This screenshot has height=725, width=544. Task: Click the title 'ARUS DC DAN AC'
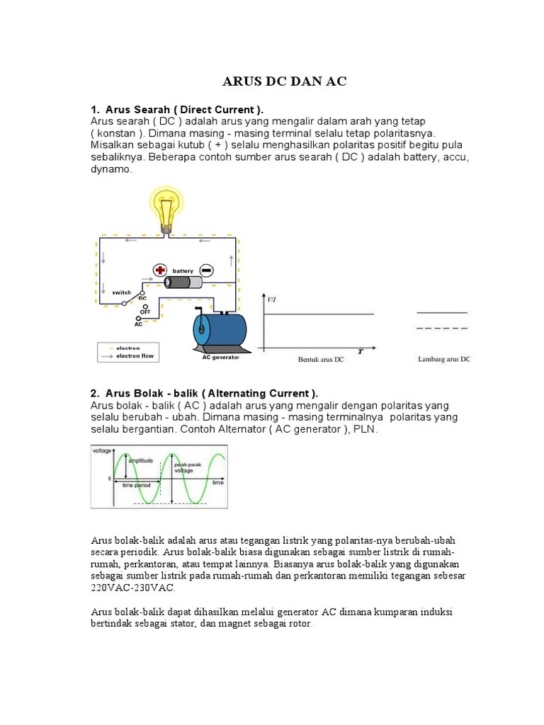click(285, 81)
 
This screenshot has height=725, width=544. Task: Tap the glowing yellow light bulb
click(166, 205)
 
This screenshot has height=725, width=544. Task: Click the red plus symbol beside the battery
click(160, 271)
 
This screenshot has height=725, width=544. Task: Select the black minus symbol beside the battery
click(206, 271)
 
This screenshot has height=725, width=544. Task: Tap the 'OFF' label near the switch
click(144, 312)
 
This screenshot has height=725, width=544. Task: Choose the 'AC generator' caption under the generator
click(221, 358)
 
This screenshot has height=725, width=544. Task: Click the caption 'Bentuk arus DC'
click(321, 360)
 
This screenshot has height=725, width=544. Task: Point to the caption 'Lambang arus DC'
click(444, 360)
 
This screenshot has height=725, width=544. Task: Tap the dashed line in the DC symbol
click(442, 329)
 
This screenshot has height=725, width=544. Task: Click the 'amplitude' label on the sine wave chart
click(141, 461)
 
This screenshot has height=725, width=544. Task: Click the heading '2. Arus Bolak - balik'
click(205, 393)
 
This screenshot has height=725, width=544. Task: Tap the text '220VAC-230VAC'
click(132, 588)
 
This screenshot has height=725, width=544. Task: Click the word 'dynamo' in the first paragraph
click(111, 170)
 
